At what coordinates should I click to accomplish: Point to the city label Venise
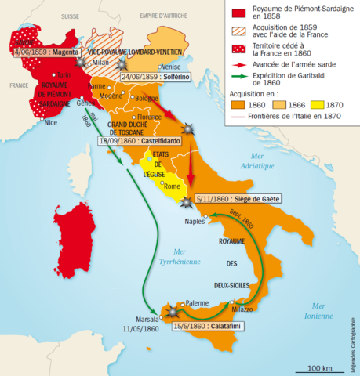click(x=170, y=67)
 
